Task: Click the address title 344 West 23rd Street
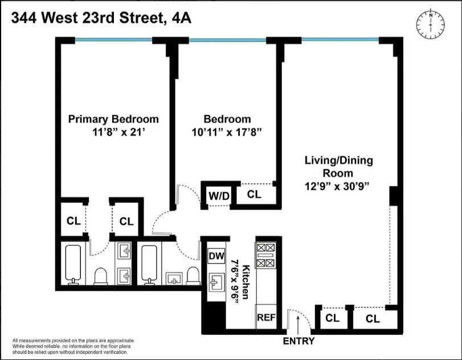(x=101, y=18)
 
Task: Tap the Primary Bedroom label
(x=113, y=119)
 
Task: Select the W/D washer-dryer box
(x=218, y=196)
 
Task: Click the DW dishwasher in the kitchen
(x=216, y=256)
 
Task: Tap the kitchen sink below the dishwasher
(x=216, y=283)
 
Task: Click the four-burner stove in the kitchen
(x=265, y=255)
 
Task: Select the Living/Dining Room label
(x=338, y=167)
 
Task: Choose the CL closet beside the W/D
(x=254, y=194)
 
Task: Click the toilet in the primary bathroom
(x=101, y=276)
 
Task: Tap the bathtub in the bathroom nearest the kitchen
(x=151, y=264)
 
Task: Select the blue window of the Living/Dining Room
(x=340, y=40)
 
